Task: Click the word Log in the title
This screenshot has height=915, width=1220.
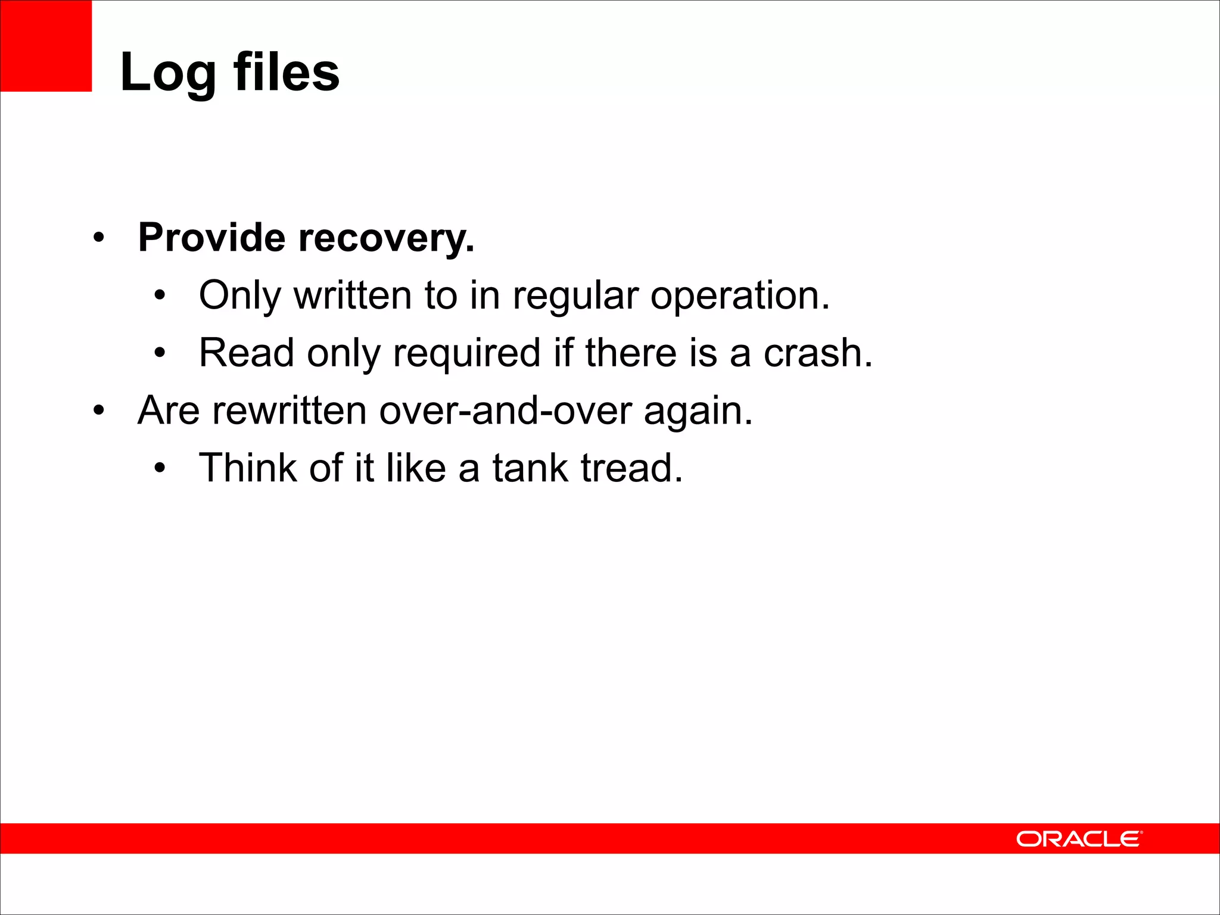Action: click(168, 73)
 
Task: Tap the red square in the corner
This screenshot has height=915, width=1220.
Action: click(46, 46)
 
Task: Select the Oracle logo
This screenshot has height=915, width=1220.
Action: click(1079, 839)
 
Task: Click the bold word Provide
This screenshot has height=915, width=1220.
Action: click(212, 238)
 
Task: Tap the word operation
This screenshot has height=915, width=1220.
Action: click(739, 296)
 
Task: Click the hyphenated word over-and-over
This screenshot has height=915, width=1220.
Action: click(505, 410)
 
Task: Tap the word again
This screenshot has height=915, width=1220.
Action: click(698, 412)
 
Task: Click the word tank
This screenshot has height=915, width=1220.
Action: click(530, 468)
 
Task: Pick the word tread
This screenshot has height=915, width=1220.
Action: click(631, 468)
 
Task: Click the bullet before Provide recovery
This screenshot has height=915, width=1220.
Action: click(99, 238)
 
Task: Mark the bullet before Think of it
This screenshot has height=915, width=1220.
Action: click(159, 468)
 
